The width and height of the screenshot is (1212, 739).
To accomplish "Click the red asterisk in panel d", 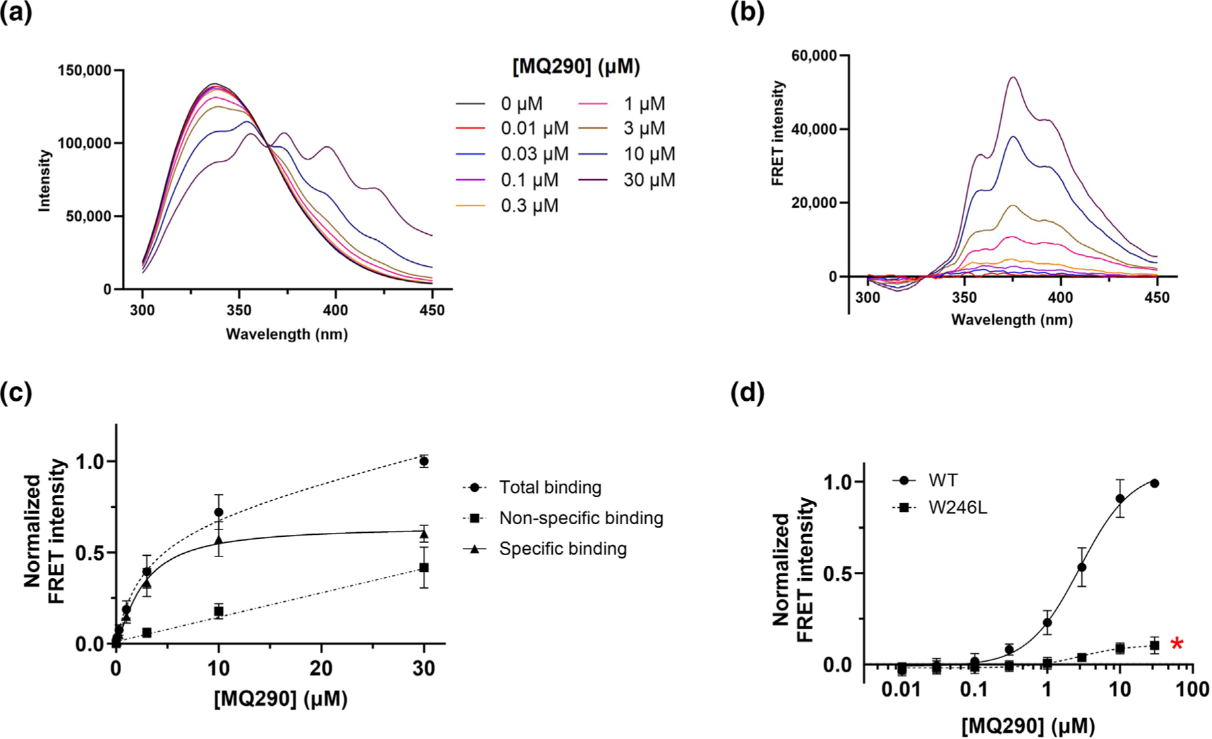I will [x=1176, y=645].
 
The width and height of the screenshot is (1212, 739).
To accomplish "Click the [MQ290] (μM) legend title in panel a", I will [x=576, y=67].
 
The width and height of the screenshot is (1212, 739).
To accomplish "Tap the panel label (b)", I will [x=747, y=13].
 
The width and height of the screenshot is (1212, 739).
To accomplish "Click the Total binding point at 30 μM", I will [x=424, y=461].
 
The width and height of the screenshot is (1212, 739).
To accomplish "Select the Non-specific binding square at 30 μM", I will [x=424, y=568].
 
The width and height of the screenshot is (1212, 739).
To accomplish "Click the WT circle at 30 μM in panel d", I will [x=1154, y=483].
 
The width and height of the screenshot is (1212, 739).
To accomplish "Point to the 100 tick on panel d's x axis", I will [x=1192, y=690].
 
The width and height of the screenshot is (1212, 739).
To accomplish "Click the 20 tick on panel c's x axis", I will [x=321, y=669].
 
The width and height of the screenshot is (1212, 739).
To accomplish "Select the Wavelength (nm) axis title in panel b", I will [x=1011, y=319].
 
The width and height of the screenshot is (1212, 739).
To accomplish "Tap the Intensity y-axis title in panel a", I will [x=45, y=181].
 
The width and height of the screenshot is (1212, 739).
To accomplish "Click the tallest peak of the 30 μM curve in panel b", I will [x=1012, y=77].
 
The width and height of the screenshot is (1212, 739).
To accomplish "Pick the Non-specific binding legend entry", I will [x=580, y=518].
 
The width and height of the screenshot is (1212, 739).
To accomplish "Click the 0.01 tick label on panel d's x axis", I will [x=901, y=690].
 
